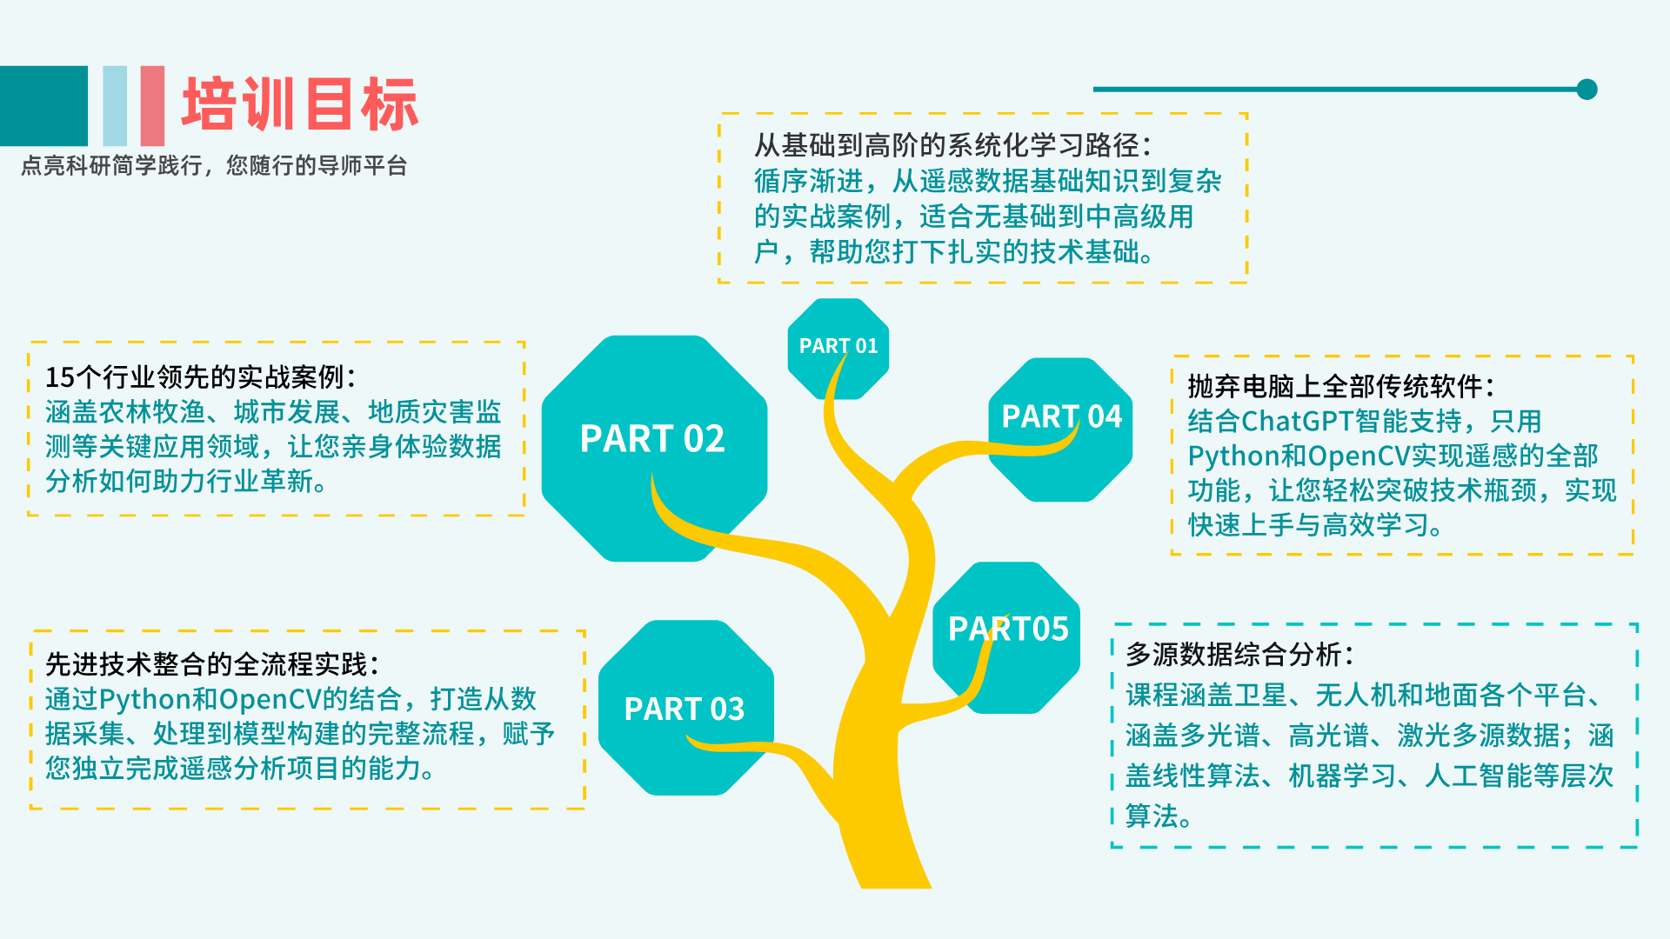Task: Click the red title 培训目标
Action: click(300, 104)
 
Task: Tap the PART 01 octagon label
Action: click(838, 346)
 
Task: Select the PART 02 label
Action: click(652, 439)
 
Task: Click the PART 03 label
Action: click(685, 709)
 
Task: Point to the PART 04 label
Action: click(1062, 416)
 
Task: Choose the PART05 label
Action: click(1008, 629)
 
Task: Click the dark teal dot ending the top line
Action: click(1587, 89)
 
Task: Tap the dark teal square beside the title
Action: click(43, 106)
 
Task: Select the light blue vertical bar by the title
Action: click(115, 106)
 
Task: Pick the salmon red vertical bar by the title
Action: click(152, 106)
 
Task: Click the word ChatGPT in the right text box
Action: click(1297, 422)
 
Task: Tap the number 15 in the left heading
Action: click(60, 377)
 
